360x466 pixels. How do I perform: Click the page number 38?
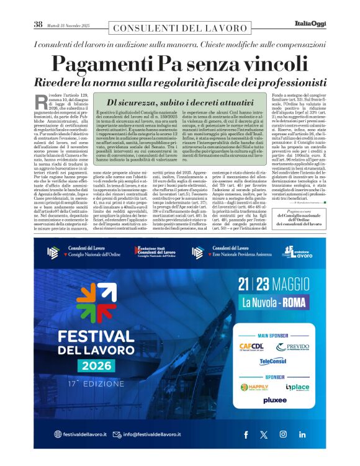point(38,24)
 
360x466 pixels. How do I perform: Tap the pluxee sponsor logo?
point(275,400)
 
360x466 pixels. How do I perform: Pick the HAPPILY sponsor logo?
point(254,387)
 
